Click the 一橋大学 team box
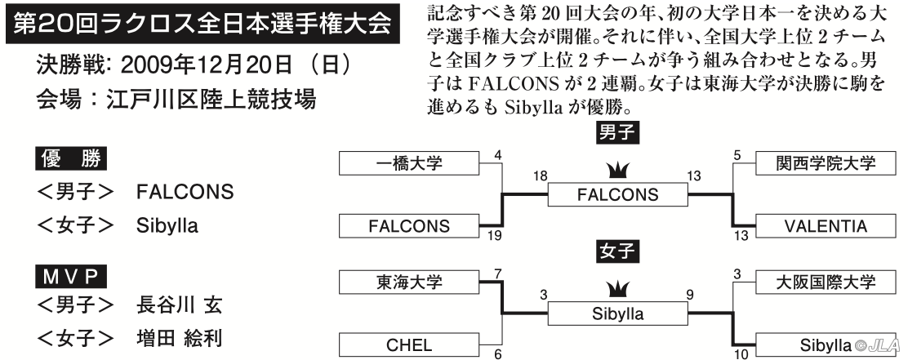(x=409, y=163)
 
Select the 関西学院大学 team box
(x=826, y=163)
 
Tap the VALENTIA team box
(x=826, y=226)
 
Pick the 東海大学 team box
(x=409, y=282)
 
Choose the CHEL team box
(x=409, y=345)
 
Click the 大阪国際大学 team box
(x=826, y=282)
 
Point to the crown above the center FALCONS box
(x=618, y=171)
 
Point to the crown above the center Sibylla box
(x=618, y=290)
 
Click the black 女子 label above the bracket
(x=618, y=251)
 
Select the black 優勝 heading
(x=71, y=159)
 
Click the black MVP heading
(x=71, y=278)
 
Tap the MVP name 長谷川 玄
(x=179, y=304)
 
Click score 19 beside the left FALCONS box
(x=495, y=236)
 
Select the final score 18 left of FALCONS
(x=540, y=176)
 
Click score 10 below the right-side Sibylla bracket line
(x=741, y=353)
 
